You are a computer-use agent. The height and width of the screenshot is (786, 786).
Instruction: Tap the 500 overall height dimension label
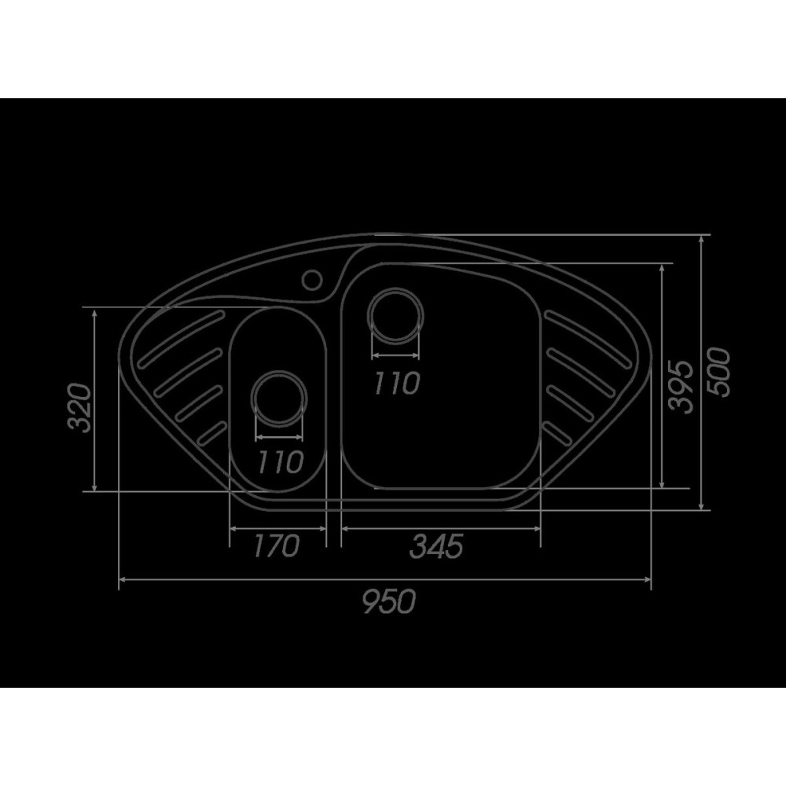point(718,372)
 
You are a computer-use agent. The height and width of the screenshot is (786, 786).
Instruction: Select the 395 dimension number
point(681,386)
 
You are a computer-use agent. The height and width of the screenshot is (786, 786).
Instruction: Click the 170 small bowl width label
point(276,545)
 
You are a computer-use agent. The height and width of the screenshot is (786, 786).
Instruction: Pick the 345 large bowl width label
point(436,545)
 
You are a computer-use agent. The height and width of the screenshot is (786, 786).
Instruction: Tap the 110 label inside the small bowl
point(280,461)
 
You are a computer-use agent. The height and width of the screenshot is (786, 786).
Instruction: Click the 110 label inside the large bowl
point(396,383)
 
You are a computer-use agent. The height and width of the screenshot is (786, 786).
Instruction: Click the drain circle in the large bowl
point(395,316)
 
